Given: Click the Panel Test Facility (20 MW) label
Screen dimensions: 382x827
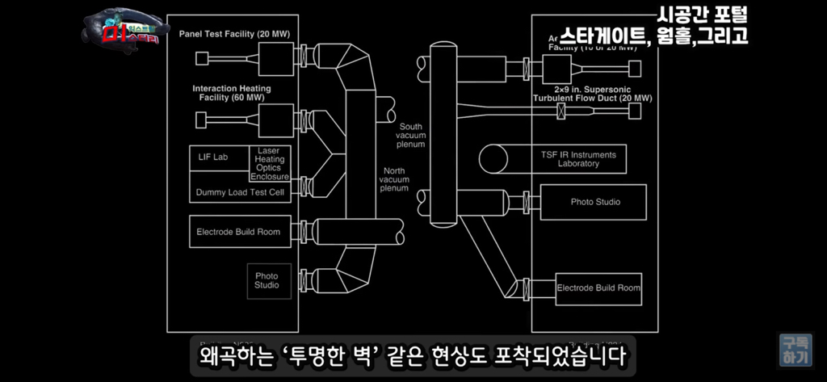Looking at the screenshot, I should (x=234, y=34).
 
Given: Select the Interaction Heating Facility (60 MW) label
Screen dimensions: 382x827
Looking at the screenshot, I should (x=232, y=93).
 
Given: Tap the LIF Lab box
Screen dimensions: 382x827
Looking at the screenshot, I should (x=213, y=157).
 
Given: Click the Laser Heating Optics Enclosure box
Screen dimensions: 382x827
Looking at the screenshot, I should (x=269, y=163).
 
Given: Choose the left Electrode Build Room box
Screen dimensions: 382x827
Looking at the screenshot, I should (x=238, y=232).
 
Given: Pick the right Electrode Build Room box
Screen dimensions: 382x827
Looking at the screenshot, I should (x=598, y=288).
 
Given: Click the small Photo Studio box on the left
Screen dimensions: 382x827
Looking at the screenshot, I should (x=267, y=280).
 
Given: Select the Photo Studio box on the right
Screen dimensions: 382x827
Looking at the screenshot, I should (x=595, y=202).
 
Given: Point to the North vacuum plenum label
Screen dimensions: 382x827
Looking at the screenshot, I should (x=394, y=179).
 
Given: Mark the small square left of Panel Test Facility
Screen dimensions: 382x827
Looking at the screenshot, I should (x=202, y=58).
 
